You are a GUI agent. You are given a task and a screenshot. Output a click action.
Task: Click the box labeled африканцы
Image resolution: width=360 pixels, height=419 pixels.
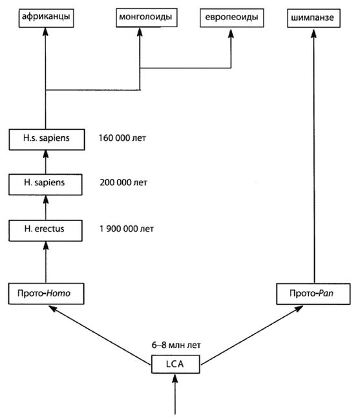(x=46, y=18)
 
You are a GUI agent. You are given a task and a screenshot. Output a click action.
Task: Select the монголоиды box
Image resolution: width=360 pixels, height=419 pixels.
(x=146, y=17)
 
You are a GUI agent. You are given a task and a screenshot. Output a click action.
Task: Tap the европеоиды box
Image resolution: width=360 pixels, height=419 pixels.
(x=231, y=17)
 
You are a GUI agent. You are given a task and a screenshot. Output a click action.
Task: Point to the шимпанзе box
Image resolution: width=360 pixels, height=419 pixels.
(x=313, y=18)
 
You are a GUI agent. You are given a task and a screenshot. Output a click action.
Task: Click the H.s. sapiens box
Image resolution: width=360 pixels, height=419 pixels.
(x=47, y=139)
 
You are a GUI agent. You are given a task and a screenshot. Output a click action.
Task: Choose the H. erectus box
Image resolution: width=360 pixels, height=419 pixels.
(x=45, y=230)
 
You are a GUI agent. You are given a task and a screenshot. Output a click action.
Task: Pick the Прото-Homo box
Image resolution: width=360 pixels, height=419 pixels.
(x=46, y=294)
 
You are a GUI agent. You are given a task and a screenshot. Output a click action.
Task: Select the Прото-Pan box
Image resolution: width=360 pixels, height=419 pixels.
(x=313, y=294)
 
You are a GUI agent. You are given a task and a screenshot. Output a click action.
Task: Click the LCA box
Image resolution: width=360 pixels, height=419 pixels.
(x=175, y=364)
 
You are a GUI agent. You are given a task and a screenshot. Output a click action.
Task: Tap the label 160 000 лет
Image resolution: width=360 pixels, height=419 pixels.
(x=122, y=138)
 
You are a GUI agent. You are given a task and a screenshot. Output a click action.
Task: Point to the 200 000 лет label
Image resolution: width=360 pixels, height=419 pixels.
(x=123, y=183)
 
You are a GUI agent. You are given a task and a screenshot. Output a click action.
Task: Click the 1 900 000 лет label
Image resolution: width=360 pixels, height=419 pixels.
(x=127, y=229)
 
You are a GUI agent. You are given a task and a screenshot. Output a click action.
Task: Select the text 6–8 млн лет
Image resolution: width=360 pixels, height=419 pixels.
(x=176, y=345)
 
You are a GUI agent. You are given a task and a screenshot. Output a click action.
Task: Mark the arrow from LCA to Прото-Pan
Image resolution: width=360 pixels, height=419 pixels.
(x=251, y=335)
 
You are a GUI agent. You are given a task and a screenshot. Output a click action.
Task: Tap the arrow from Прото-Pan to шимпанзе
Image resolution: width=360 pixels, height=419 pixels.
(x=314, y=156)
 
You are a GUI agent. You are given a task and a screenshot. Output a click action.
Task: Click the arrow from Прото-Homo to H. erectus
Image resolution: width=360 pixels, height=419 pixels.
(x=46, y=262)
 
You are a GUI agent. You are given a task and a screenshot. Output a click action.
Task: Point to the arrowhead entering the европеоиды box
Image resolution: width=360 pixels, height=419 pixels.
(x=231, y=34)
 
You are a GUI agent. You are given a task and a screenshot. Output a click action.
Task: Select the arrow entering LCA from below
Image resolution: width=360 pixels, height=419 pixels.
(x=175, y=394)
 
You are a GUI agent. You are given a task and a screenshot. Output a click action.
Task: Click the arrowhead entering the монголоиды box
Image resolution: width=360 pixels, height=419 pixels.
(x=140, y=32)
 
